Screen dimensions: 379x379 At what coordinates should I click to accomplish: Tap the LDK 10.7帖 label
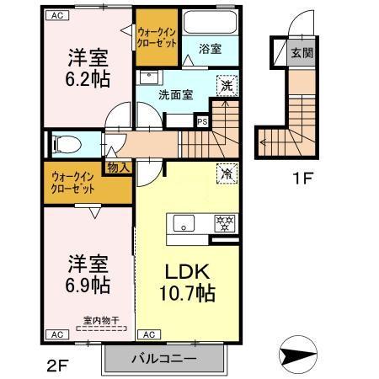point(186,284)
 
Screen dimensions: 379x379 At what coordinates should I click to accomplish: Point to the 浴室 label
point(211,50)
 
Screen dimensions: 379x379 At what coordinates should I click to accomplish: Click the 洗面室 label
point(178,94)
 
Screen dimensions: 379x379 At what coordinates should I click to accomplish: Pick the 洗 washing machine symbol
point(226,84)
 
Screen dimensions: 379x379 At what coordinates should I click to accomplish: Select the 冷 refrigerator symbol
point(226,173)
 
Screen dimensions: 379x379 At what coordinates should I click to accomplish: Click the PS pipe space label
point(202,120)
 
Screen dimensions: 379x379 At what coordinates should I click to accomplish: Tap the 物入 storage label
point(118,167)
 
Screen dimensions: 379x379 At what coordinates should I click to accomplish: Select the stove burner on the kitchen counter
point(225,222)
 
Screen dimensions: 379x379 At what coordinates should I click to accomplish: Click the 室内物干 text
point(99,319)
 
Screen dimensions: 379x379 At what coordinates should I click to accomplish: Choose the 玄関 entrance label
point(301,53)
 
